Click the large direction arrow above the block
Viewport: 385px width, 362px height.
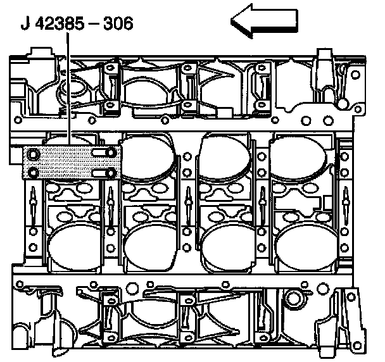click(265, 21)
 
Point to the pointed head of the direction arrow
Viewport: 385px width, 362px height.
click(231, 21)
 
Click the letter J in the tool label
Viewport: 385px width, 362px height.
click(25, 23)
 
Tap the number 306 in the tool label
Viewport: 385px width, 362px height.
click(118, 23)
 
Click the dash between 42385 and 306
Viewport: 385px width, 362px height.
click(94, 24)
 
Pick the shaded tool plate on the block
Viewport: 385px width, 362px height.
click(72, 163)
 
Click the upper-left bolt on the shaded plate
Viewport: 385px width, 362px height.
click(33, 154)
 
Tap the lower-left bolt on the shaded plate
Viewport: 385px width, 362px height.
click(33, 173)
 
